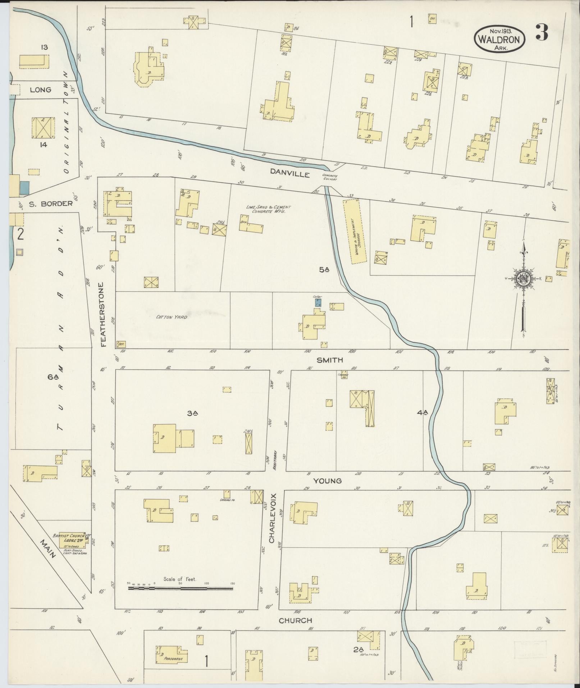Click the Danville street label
coord(290,174)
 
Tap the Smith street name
coord(330,360)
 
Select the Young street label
coord(327,481)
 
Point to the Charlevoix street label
coord(272,518)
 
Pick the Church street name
coord(295,620)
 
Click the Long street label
coord(40,90)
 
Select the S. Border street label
coord(51,204)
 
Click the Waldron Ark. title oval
coord(499,39)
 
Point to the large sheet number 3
coord(541,33)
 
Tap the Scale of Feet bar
coord(181,588)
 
